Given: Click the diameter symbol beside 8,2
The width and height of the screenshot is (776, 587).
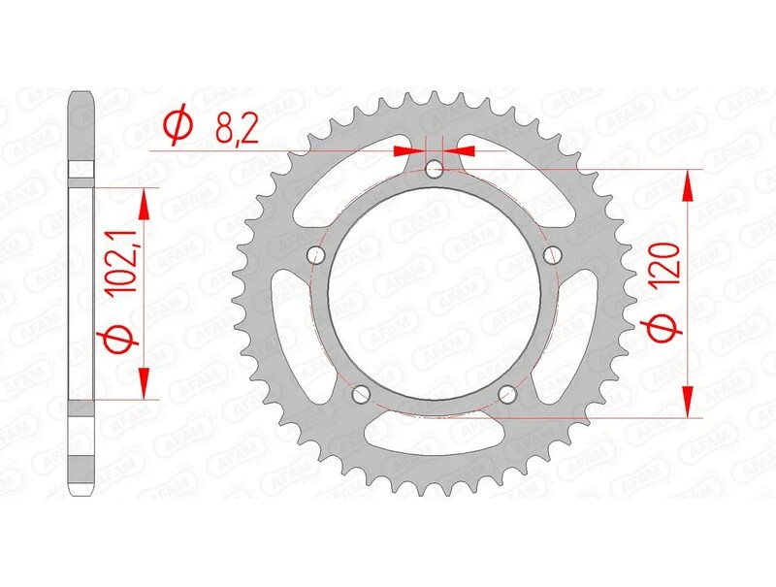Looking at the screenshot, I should tap(178, 127).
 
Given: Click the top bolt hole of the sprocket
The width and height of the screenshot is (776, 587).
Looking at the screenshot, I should tap(434, 170).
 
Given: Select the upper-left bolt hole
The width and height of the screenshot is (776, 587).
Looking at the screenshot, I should tap(314, 255).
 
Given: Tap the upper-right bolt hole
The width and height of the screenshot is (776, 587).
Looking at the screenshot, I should tap(553, 255).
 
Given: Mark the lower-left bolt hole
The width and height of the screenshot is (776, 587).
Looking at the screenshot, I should tap(360, 394).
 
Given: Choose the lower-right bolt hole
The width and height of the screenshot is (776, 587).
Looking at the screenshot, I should tap(507, 394).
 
